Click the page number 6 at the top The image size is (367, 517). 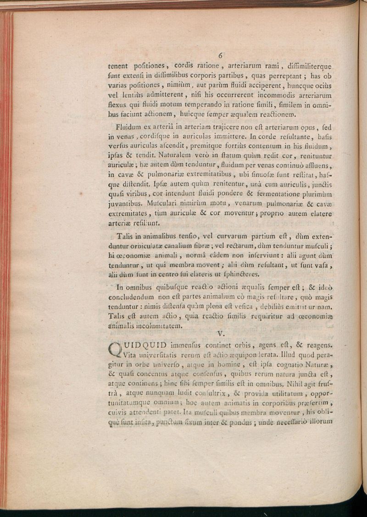point(220,55)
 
